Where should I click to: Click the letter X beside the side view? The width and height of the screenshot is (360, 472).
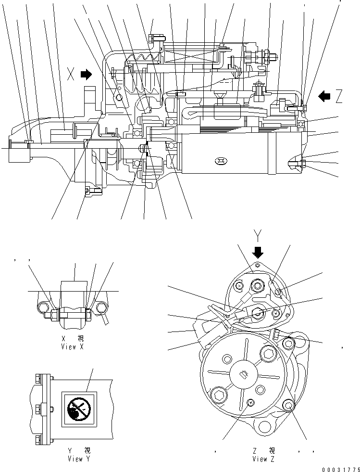[71, 75]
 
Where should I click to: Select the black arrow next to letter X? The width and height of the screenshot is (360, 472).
[86, 74]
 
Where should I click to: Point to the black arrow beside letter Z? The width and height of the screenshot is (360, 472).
[325, 96]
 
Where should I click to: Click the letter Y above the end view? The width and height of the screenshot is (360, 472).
[258, 235]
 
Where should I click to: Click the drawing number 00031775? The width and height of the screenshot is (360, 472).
[339, 468]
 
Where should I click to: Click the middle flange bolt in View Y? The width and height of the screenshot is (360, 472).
[38, 409]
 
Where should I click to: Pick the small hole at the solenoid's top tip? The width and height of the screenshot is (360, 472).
[258, 265]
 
